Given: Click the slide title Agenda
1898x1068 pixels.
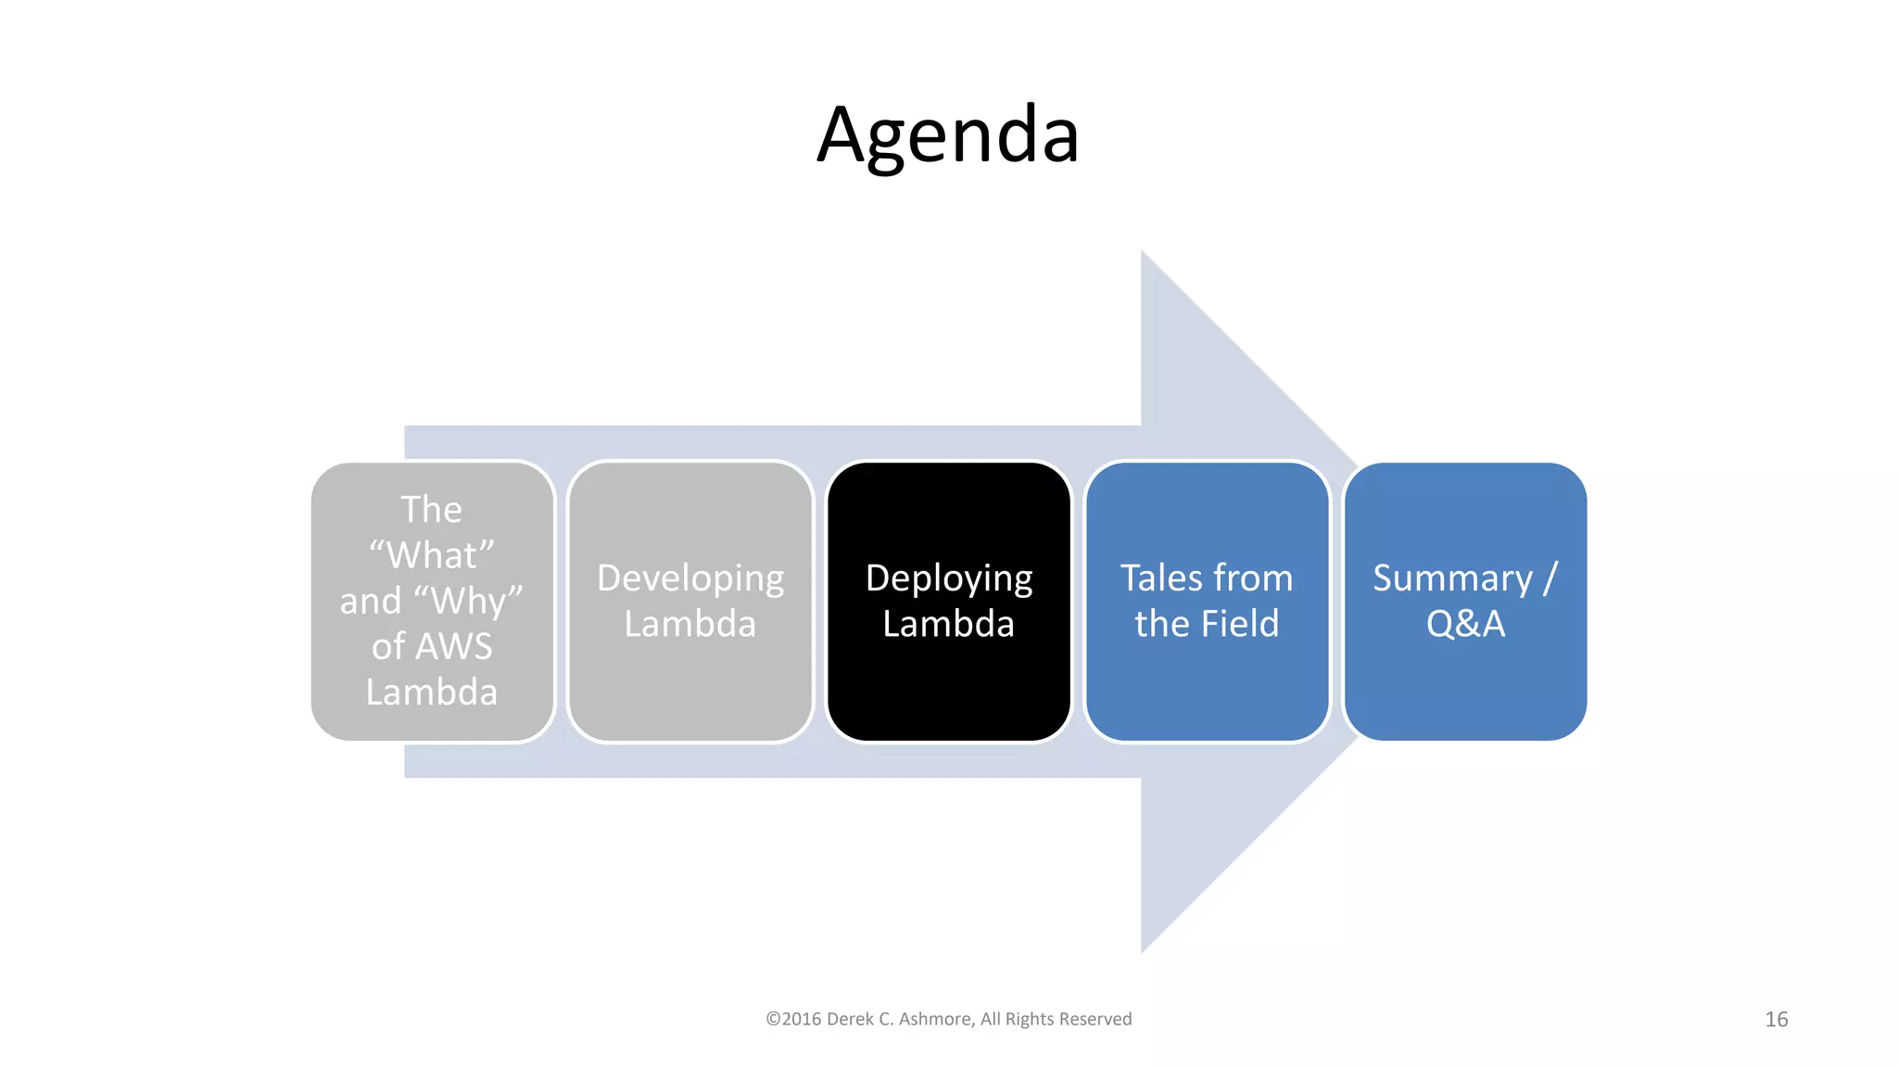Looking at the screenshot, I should (x=948, y=135).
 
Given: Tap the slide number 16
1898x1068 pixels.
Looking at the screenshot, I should (x=1776, y=1019).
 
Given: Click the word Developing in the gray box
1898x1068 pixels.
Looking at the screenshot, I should (x=690, y=578).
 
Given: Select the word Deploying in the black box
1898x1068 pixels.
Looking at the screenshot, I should (x=949, y=578).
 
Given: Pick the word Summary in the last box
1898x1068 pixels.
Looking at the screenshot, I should (x=1452, y=578).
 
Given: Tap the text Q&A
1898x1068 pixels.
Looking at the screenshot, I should (x=1465, y=624).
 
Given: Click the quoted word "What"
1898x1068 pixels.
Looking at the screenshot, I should (x=432, y=555).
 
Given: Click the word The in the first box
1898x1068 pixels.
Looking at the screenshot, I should (x=431, y=510).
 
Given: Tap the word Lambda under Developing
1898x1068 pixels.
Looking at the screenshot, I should (x=690, y=624).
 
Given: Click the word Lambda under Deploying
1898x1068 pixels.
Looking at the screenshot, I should (x=949, y=624).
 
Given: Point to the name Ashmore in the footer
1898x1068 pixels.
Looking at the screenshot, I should (x=936, y=1019).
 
